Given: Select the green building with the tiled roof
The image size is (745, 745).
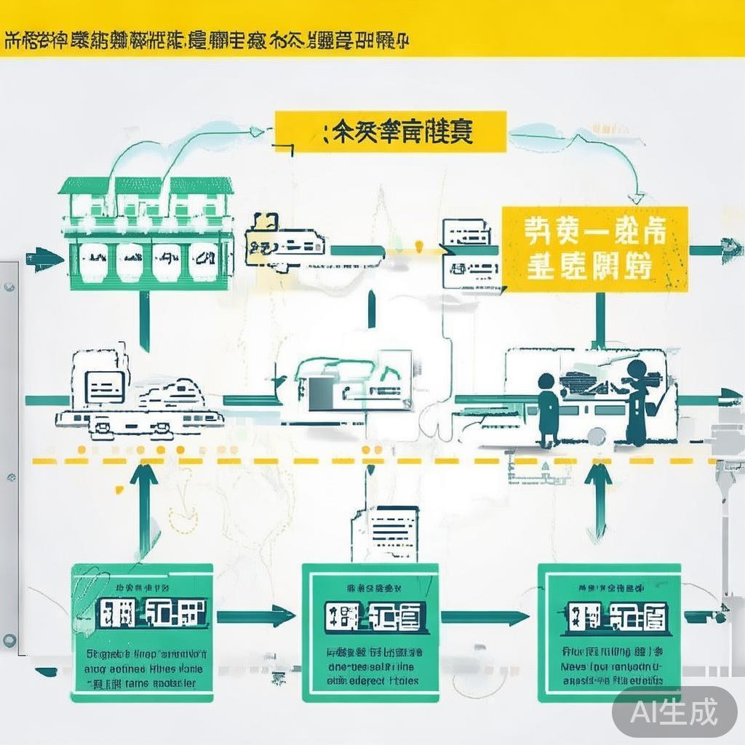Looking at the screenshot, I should click(146, 233).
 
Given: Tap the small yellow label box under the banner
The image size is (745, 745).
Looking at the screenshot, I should click(391, 132).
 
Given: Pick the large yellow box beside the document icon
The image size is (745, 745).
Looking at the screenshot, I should click(595, 249).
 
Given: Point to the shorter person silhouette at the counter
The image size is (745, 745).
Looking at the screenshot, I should click(548, 407).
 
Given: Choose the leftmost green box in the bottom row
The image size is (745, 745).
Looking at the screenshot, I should click(142, 632).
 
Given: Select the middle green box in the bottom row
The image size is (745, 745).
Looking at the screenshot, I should click(370, 632).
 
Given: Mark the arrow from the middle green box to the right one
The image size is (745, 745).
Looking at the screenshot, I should click(485, 618).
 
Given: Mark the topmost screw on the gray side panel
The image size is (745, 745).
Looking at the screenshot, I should click(8, 287).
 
